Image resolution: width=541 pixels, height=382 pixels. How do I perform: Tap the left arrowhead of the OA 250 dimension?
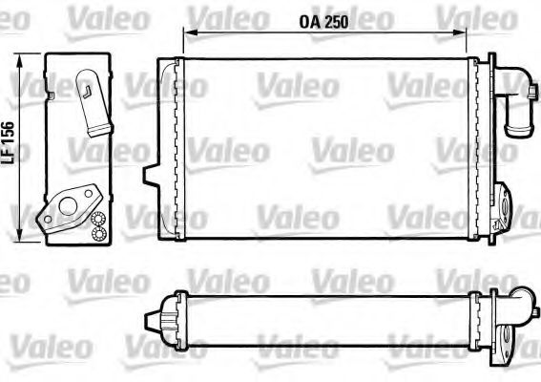point(185,33)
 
